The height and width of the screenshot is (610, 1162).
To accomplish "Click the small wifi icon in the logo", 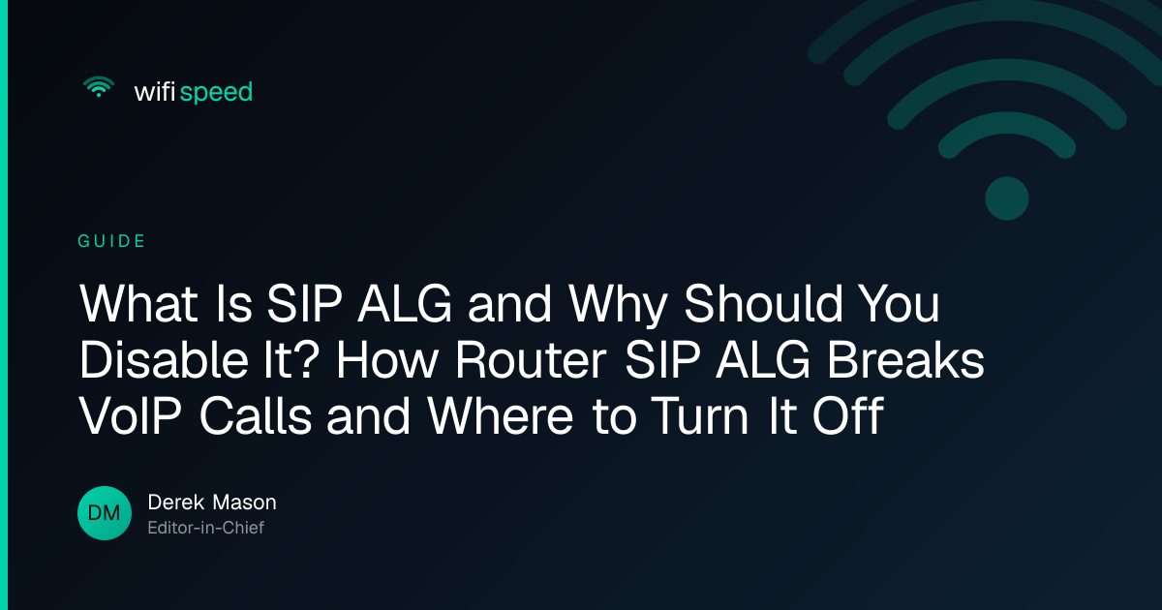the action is [99, 86].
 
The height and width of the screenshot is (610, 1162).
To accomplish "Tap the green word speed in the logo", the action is [216, 93].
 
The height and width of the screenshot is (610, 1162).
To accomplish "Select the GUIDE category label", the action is [111, 241].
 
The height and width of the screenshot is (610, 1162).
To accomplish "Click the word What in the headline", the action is [138, 304].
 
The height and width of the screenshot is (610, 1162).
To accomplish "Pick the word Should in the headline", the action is [763, 303].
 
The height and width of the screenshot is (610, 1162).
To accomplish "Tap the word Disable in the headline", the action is [164, 359].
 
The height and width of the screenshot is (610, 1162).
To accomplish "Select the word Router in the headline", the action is [531, 360].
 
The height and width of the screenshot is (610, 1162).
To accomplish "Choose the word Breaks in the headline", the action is [905, 359].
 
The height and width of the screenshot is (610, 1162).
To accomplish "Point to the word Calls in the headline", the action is [256, 415].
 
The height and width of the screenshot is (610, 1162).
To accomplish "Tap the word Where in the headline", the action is [500, 416].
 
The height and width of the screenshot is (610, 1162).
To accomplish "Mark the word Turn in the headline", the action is [700, 416].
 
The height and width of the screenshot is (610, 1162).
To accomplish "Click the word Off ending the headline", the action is [848, 415].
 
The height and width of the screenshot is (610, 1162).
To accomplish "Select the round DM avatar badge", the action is [105, 513].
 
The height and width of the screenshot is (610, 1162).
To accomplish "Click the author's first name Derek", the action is [176, 503].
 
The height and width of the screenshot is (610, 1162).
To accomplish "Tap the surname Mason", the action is [244, 503].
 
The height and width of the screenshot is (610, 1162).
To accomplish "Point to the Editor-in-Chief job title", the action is [206, 528].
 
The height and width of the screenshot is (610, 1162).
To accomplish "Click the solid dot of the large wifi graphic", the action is [1007, 198].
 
